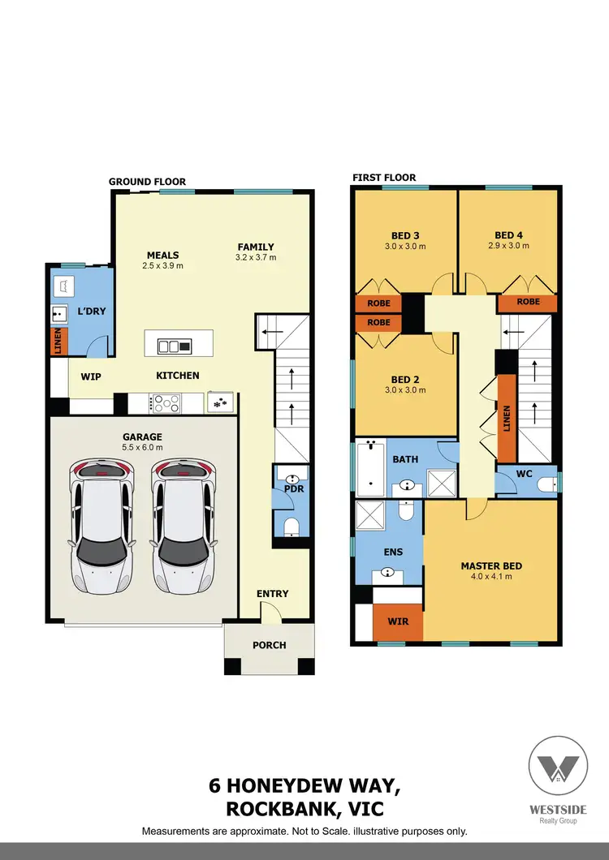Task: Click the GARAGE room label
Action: [x=143, y=436]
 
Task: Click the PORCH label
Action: [x=270, y=645]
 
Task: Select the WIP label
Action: [x=90, y=376]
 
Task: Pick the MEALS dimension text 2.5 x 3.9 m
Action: [x=162, y=265]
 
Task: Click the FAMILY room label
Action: [x=256, y=247]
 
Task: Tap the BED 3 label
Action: [x=404, y=235]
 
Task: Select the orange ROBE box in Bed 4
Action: [x=528, y=302]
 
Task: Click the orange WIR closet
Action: [x=397, y=622]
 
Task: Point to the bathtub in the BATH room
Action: [x=370, y=468]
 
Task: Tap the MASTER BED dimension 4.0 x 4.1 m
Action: [x=491, y=577]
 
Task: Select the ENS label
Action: [x=392, y=553]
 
